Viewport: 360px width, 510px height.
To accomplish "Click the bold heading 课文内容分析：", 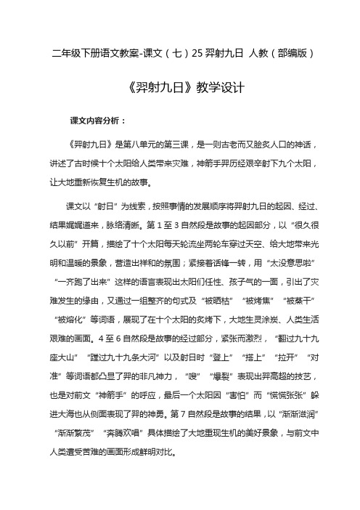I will (98, 119).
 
